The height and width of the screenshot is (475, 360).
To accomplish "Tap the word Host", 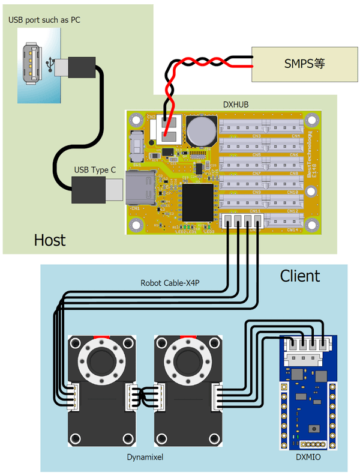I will click(x=49, y=241).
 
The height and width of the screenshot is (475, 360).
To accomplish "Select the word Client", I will click(x=300, y=276).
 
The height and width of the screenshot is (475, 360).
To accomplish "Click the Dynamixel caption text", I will click(x=146, y=458).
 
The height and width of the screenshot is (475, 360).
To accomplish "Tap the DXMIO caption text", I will click(x=308, y=458).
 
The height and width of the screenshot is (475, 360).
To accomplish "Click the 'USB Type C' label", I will click(x=95, y=171).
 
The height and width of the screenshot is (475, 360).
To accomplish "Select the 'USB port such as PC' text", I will click(x=44, y=20).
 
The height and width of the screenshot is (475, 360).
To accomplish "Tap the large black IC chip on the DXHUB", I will click(x=198, y=202).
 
